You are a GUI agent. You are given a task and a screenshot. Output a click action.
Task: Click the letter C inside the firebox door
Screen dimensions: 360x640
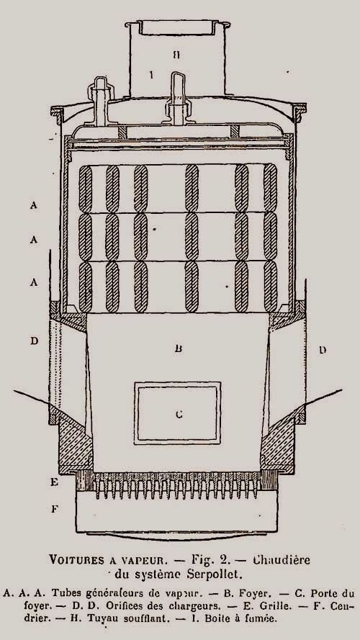179,414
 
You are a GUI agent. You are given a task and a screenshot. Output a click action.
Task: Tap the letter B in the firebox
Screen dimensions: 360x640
178,348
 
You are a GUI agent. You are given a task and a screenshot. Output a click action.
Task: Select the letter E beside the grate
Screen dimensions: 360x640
54,482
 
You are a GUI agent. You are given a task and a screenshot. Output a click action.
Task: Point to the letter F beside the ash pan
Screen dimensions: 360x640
54,509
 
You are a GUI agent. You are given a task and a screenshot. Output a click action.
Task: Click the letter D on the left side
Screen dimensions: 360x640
34,341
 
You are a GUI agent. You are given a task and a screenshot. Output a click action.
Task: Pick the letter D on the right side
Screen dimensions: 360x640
323,350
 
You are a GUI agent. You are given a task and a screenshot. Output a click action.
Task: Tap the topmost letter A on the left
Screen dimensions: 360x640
33,205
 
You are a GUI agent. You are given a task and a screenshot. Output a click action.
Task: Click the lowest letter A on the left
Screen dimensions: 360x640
33,282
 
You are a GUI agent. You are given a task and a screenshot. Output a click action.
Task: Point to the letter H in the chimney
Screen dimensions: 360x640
176,55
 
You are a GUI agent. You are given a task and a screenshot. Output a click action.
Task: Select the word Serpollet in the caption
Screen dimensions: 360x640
215,574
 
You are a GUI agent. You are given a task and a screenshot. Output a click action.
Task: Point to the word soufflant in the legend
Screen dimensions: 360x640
146,618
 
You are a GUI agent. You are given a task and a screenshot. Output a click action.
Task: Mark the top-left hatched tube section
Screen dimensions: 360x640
85,189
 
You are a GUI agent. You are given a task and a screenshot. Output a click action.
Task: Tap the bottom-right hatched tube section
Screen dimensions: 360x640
270,287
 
